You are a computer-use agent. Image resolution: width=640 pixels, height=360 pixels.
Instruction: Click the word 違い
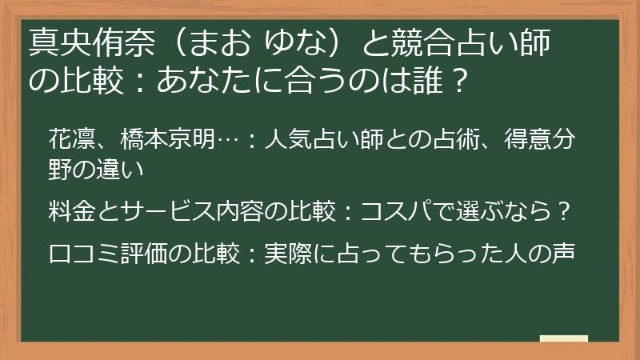132,169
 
